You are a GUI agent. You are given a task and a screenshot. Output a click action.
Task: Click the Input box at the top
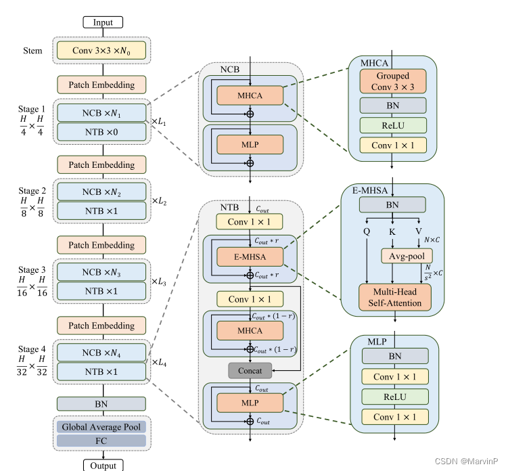103,22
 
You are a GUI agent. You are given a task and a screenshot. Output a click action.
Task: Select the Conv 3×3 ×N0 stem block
103,50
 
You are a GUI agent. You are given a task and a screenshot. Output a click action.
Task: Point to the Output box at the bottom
103,465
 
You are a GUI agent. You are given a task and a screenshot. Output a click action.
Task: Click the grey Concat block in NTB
250,370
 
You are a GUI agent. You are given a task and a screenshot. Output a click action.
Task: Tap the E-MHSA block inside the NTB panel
250,257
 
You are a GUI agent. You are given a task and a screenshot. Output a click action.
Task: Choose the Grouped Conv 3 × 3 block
393,81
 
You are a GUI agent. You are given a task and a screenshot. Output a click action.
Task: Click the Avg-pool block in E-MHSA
402,256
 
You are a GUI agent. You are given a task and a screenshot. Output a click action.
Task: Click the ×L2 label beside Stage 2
160,202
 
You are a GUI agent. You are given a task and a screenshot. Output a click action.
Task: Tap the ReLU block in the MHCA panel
393,125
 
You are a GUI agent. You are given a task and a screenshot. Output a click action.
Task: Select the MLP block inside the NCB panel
250,144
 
